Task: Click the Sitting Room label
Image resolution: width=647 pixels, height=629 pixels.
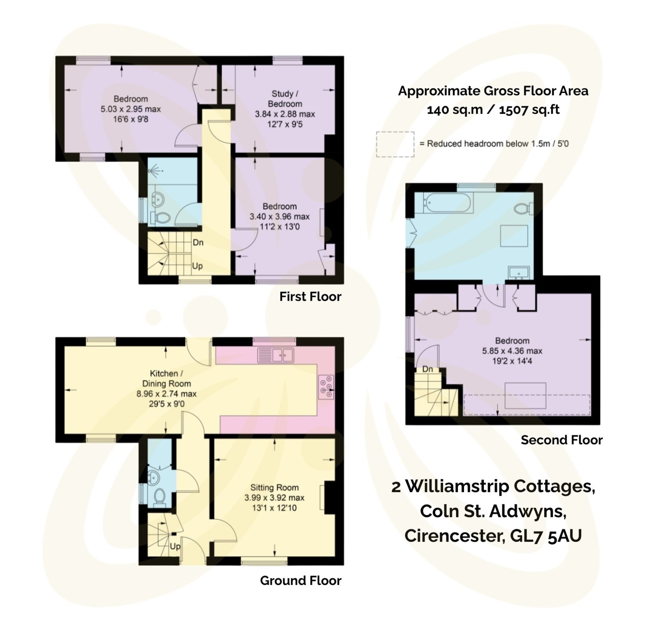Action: [x=274, y=488]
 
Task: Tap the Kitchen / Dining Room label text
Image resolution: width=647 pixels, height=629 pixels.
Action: [x=166, y=378]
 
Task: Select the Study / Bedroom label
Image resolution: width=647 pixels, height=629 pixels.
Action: [x=285, y=99]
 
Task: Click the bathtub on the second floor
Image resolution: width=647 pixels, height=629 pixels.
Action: [x=448, y=203]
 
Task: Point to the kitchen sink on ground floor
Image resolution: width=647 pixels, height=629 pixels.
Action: [x=276, y=355]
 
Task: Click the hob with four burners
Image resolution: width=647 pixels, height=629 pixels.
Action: [x=326, y=387]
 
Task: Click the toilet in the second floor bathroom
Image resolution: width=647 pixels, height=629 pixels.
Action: [x=523, y=208]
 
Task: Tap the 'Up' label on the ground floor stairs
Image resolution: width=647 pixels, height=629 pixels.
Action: [x=175, y=546]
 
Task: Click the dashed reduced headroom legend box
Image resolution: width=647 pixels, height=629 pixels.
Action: [x=395, y=144]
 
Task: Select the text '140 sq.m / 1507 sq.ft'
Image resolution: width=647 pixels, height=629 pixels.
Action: [x=493, y=110]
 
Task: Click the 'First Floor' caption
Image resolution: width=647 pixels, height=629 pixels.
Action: [x=310, y=297]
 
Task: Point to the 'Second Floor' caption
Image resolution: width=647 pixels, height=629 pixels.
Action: [x=562, y=440]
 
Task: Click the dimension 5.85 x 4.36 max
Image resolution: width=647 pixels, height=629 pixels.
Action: [x=512, y=351]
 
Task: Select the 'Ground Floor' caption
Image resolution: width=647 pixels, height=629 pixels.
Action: [x=301, y=580]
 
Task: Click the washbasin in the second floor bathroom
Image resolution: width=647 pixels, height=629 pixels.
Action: [x=519, y=273]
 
